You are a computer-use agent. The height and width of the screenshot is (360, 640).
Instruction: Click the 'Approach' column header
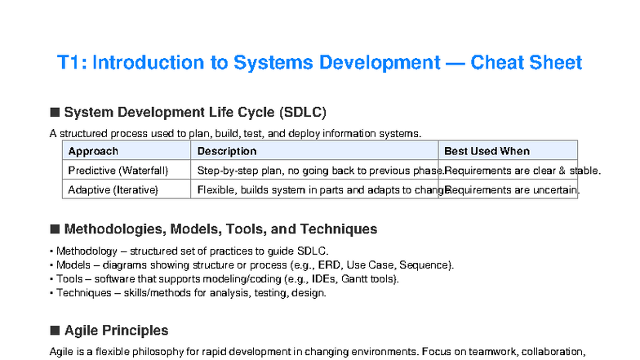[x=93, y=151]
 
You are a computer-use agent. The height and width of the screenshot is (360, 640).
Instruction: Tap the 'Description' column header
[x=227, y=151]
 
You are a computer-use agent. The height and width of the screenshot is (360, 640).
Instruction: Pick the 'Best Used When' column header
[x=487, y=151]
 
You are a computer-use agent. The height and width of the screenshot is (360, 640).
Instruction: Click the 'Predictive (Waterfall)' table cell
[x=118, y=171]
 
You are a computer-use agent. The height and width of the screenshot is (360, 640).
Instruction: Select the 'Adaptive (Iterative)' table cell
[x=113, y=190]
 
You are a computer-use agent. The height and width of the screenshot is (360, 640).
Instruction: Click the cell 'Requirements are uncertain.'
[x=512, y=190]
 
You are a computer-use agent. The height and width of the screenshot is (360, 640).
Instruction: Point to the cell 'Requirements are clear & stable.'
[x=522, y=171]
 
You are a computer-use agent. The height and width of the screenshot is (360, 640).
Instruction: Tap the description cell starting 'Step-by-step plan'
[x=318, y=171]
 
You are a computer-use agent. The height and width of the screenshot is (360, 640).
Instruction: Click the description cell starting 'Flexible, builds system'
[x=318, y=190]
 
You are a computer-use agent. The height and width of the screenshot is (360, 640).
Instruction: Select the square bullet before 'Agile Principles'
[x=56, y=331]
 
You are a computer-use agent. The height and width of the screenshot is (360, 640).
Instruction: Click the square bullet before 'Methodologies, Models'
[x=56, y=229]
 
